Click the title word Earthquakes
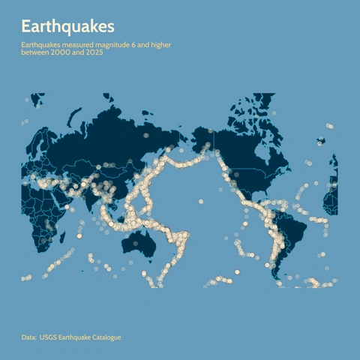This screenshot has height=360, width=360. (67, 26)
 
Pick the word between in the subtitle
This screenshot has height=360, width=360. (34, 53)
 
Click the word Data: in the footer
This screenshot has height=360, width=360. (28, 337)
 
